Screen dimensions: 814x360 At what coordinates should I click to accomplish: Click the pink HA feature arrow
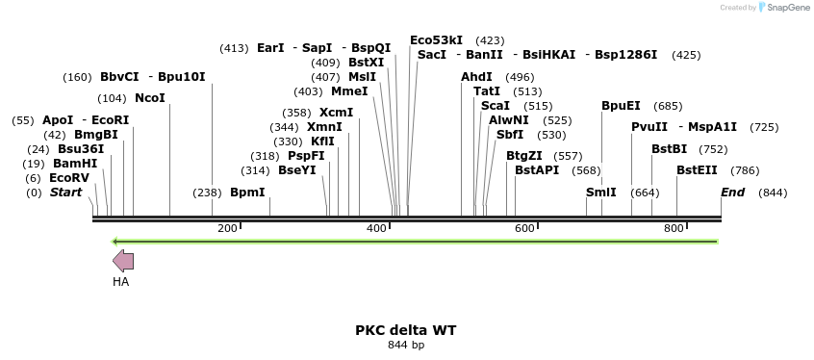tap(123, 260)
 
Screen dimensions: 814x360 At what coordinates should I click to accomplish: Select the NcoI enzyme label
tap(150, 98)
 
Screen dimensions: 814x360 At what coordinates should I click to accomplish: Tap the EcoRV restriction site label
tap(69, 178)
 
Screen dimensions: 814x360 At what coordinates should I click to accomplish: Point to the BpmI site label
tap(247, 193)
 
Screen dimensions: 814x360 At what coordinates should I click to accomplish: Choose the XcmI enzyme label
tap(337, 113)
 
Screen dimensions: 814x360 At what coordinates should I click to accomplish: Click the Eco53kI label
tap(436, 40)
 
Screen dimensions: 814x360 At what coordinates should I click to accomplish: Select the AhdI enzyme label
tap(476, 77)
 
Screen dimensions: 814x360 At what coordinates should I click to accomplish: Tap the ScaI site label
tap(496, 106)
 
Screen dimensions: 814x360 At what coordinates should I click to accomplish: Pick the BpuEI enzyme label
tap(621, 106)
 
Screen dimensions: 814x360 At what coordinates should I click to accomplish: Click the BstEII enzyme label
tap(697, 170)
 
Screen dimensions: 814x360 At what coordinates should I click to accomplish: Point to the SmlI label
tap(601, 193)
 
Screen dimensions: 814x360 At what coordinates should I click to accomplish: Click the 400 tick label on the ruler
tap(377, 228)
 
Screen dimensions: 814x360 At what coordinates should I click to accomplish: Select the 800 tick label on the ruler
tap(674, 228)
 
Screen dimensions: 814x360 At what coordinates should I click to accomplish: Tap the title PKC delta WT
tap(406, 330)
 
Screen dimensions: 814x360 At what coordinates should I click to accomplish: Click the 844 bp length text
tap(406, 346)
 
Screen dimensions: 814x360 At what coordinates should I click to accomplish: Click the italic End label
tap(733, 193)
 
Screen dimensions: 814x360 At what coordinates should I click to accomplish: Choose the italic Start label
tap(65, 193)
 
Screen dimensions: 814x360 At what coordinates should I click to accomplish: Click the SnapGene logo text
tap(786, 8)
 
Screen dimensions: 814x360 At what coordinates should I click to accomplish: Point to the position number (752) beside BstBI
tap(713, 149)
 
